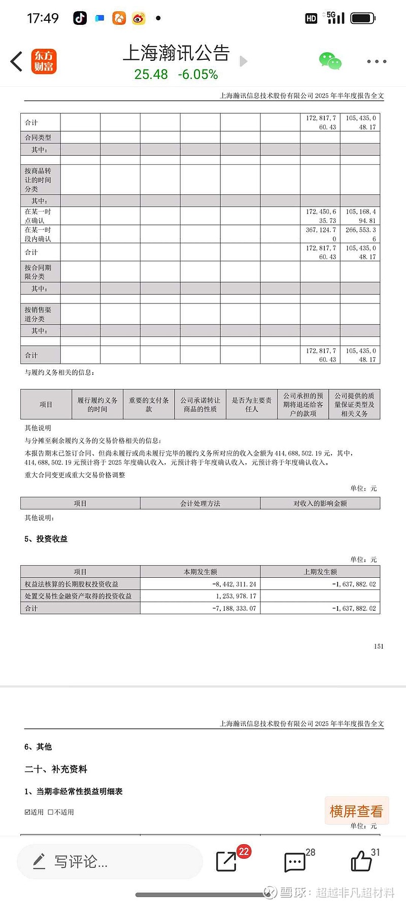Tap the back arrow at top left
(17, 61)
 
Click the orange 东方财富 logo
(44, 61)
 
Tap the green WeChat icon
(330, 61)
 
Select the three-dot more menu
(377, 61)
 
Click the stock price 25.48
(151, 75)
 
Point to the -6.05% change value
(198, 75)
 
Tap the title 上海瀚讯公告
(176, 53)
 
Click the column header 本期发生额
(200, 572)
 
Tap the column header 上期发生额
(320, 572)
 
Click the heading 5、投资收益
(46, 539)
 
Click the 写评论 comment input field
(110, 861)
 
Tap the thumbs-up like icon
(361, 861)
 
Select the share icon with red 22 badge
(226, 861)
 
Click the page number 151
(379, 646)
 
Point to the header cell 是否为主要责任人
(252, 404)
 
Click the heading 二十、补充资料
(56, 769)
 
